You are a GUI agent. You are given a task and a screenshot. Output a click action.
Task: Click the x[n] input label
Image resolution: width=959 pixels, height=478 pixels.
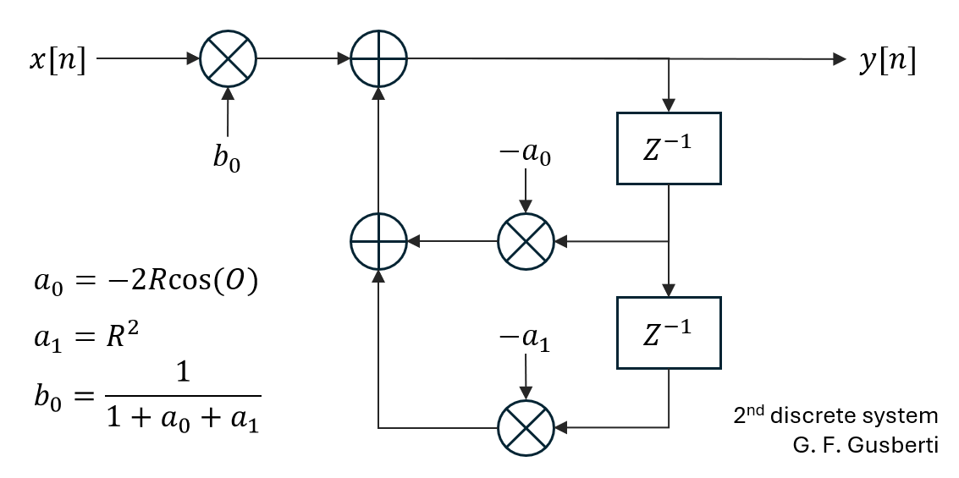pyautogui.click(x=58, y=61)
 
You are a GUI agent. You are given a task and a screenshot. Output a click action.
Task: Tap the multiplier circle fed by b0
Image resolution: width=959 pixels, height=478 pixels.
pyautogui.click(x=228, y=59)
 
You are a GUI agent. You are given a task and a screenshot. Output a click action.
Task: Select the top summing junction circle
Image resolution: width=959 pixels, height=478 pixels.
pyautogui.click(x=378, y=59)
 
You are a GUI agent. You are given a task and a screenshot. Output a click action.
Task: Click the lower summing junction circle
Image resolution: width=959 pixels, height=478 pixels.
pyautogui.click(x=378, y=242)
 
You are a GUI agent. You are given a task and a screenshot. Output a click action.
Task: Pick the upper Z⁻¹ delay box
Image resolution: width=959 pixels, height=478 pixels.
pyautogui.click(x=669, y=148)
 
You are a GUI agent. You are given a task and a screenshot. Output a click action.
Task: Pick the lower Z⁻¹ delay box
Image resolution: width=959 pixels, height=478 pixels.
pyautogui.click(x=669, y=332)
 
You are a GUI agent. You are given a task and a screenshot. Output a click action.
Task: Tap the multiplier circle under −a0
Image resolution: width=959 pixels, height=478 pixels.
pyautogui.click(x=526, y=242)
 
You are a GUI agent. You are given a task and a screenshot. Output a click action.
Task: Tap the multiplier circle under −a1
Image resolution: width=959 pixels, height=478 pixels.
pyautogui.click(x=526, y=427)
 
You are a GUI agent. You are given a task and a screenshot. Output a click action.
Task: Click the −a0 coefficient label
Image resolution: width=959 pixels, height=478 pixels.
pyautogui.click(x=526, y=155)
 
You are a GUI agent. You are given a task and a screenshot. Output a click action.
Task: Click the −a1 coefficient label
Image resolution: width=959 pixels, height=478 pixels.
pyautogui.click(x=526, y=340)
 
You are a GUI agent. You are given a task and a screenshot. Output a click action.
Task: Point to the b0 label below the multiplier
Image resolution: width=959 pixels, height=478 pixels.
pyautogui.click(x=226, y=159)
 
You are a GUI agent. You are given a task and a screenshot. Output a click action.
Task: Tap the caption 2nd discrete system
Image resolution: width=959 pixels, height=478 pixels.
pyautogui.click(x=835, y=416)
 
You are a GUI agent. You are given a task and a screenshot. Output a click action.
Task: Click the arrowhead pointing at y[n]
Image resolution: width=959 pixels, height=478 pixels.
pyautogui.click(x=840, y=59)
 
